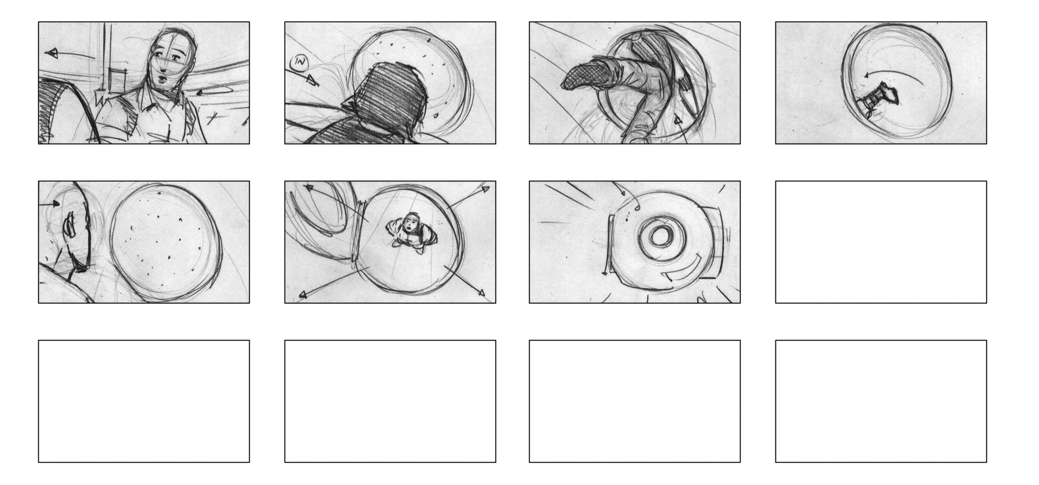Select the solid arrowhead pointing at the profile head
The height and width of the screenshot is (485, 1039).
[x=56, y=204]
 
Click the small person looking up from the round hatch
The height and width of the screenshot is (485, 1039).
[x=410, y=230]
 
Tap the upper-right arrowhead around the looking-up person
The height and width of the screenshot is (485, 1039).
[x=485, y=189]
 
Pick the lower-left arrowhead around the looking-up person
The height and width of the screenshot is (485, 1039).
[x=303, y=294]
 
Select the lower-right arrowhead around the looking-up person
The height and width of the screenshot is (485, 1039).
[x=481, y=292]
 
